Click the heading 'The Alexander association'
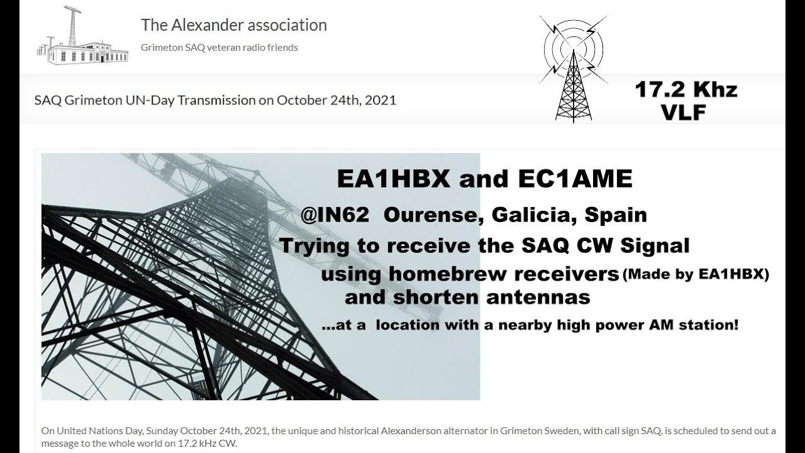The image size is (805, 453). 234,25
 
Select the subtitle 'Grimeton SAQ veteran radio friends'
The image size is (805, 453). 219,47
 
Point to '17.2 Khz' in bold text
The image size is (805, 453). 686,90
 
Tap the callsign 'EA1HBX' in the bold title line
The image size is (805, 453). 394,179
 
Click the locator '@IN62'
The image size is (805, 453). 335,215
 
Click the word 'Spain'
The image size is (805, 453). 616,215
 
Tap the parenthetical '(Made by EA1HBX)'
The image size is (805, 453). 696,275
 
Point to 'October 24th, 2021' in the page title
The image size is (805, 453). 336,100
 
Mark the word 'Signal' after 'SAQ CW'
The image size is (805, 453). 655,245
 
